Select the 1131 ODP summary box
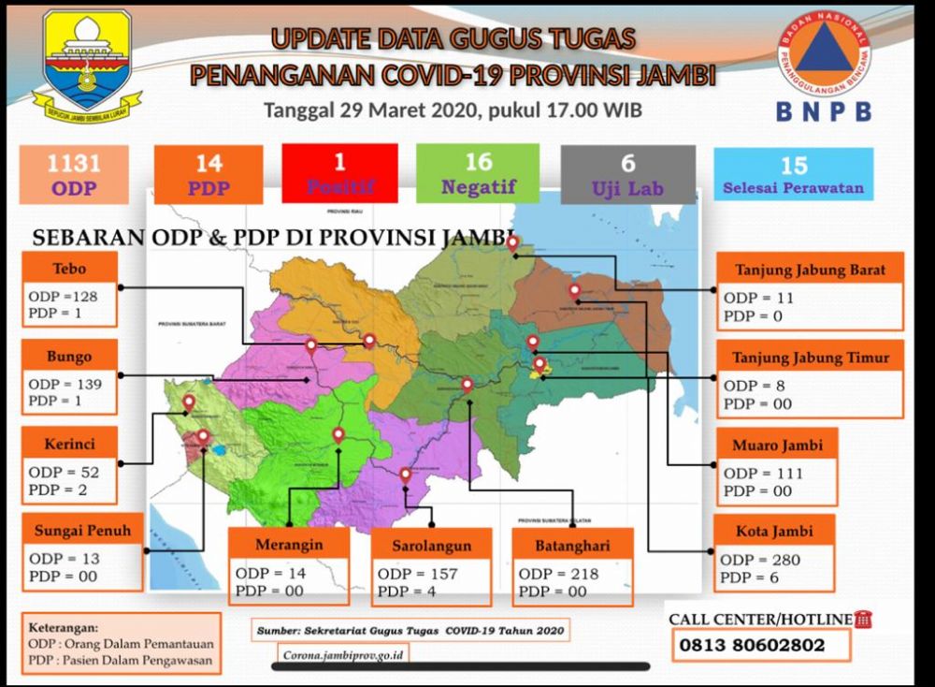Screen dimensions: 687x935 tap(74, 175)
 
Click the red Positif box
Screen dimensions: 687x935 tap(339, 173)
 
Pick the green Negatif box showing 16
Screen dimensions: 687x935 tap(478, 173)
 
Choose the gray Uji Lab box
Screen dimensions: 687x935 tap(627, 175)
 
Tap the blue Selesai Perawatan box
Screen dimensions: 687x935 tap(793, 175)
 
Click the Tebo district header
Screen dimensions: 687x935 tap(69, 269)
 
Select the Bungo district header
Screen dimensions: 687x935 tap(69, 357)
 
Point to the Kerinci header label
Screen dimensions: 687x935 tap(69, 444)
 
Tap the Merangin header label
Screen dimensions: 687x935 tap(289, 545)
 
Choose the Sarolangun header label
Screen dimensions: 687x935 tap(432, 545)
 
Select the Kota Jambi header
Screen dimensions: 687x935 tap(774, 531)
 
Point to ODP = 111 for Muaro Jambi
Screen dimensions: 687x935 tap(763, 473)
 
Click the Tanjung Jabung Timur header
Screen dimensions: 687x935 tap(811, 358)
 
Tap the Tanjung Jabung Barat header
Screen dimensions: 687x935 tap(810, 270)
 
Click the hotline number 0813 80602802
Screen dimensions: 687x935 tap(752, 645)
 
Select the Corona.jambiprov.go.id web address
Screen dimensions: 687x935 tap(343, 655)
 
